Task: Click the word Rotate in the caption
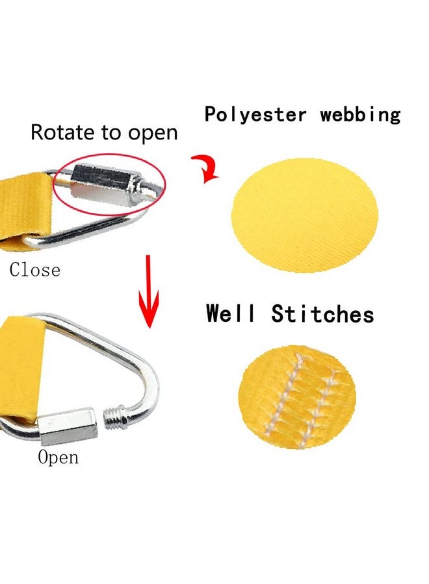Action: coord(63,132)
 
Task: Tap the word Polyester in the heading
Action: coord(255,114)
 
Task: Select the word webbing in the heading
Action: coord(360,114)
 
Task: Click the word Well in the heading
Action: coord(231,313)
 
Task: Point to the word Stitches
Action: coord(322,313)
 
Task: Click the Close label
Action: coord(34,270)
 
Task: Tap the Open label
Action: coord(58,457)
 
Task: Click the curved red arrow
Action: coord(206,168)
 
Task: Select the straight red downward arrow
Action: coord(148,291)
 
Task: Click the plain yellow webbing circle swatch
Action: coord(305,215)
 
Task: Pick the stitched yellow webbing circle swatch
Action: coord(297,397)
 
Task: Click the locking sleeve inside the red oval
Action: coord(105,185)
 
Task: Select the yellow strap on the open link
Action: coord(21,369)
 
